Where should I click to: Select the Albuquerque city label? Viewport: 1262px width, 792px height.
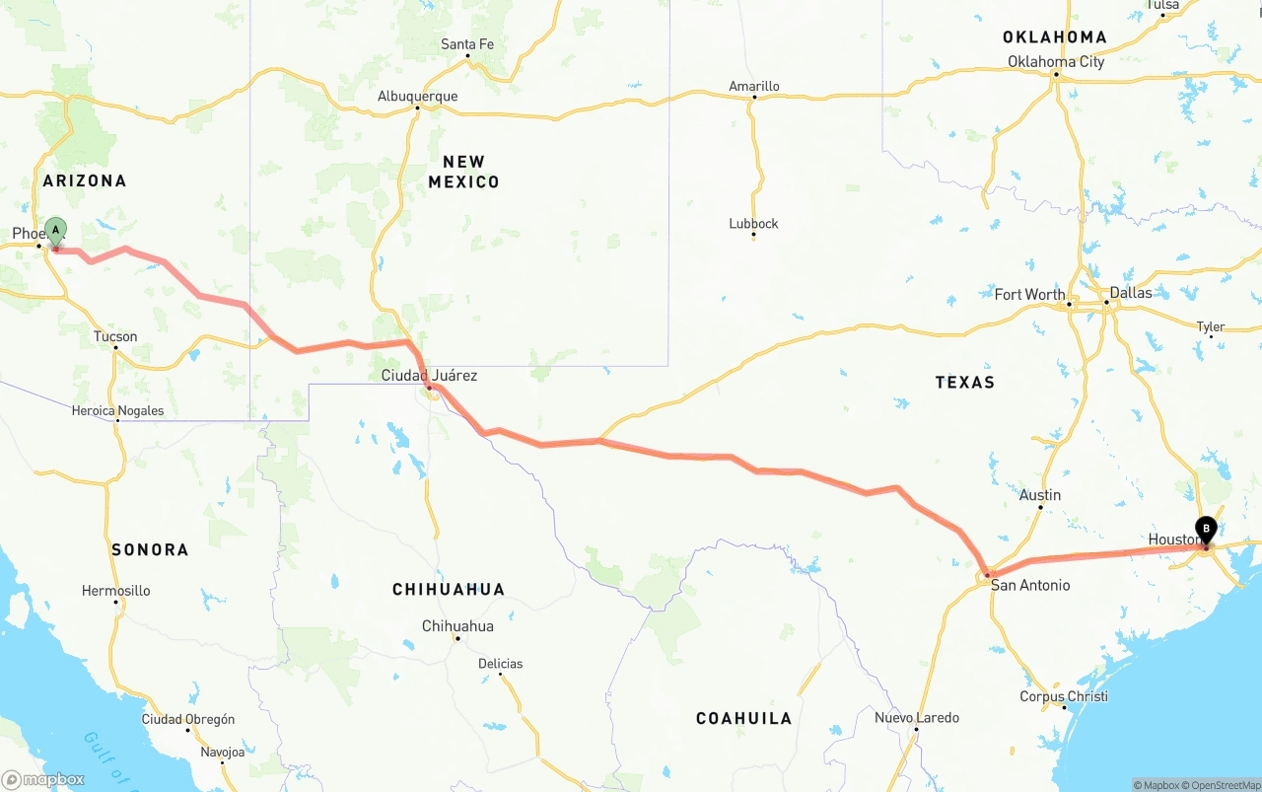coord(417,97)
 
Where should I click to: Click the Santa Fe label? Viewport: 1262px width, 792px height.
coord(467,44)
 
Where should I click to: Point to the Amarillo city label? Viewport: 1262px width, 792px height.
coord(754,87)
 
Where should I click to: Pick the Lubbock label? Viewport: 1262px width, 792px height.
coord(753,224)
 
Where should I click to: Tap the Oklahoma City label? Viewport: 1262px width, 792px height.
coord(1056,62)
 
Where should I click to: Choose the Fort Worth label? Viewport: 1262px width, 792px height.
coord(1029,295)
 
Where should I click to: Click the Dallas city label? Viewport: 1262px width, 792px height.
coord(1130,293)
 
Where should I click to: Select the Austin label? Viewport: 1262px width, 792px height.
coord(1040,495)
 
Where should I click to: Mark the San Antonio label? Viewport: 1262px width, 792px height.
coord(1030,586)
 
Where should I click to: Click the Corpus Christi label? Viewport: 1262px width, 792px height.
coord(1064,697)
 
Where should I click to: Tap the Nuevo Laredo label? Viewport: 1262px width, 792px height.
coord(917,718)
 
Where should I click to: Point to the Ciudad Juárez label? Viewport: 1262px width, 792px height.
coord(429,376)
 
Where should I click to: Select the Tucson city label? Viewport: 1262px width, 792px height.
coord(115,337)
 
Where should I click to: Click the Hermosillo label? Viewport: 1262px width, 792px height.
coord(116,591)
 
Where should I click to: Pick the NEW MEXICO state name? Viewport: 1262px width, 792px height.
coord(463,172)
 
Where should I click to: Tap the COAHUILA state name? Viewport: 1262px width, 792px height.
coord(743,719)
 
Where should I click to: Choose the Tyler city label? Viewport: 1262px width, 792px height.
coord(1210,327)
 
